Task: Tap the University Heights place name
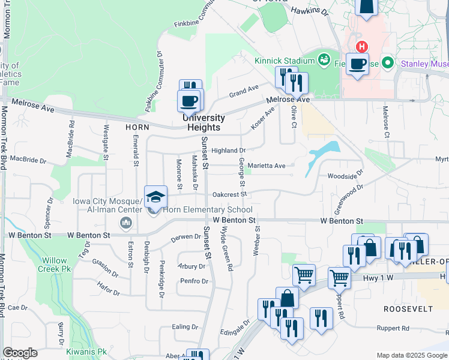(x=204, y=122)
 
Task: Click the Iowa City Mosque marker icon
(x=126, y=224)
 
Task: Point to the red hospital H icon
(x=361, y=46)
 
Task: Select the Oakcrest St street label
(x=229, y=194)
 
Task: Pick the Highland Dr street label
(x=229, y=151)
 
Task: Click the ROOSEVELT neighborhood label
(x=409, y=308)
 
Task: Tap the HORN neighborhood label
(x=137, y=127)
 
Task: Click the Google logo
(x=20, y=353)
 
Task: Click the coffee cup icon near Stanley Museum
(x=357, y=64)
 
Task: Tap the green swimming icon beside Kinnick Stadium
(x=324, y=59)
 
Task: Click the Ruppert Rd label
(x=393, y=328)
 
